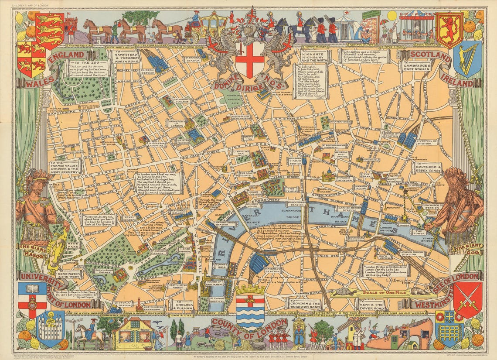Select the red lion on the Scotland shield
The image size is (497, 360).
(449, 29)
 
